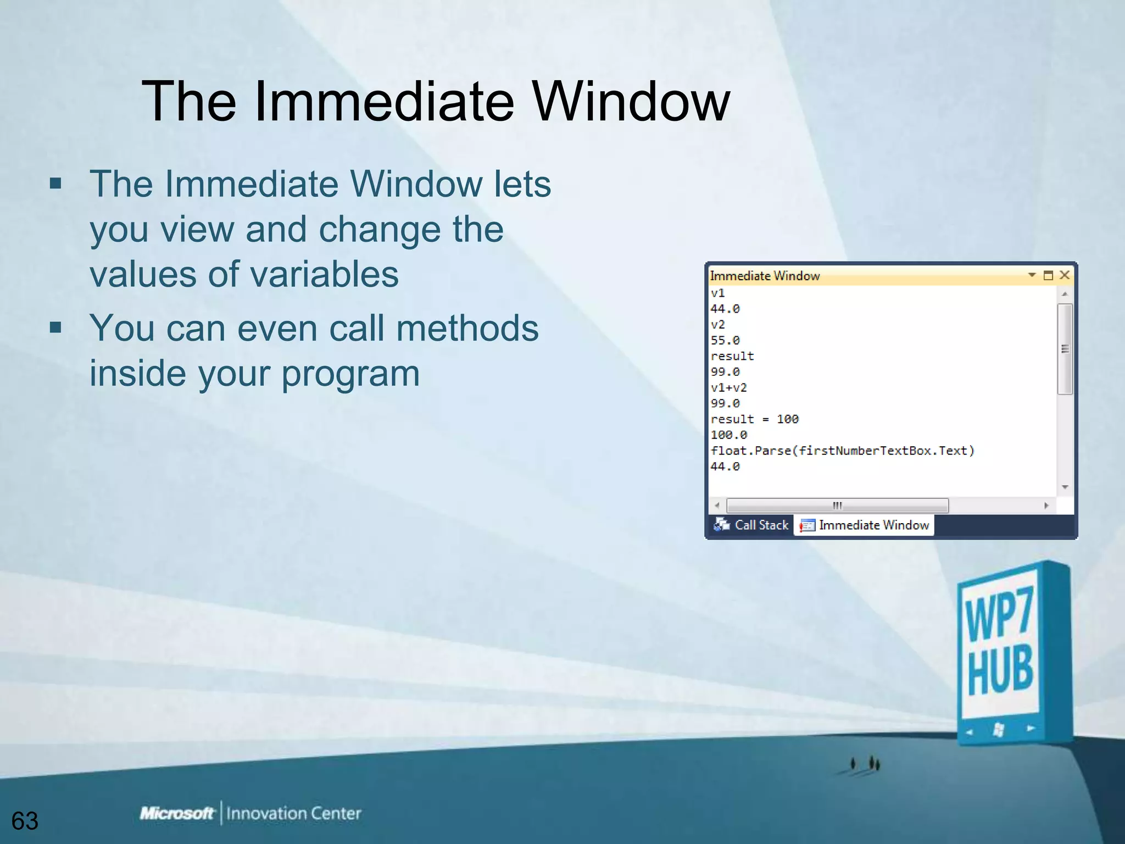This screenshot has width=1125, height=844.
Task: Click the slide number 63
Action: click(25, 821)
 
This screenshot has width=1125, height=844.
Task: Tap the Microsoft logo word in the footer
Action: click(176, 813)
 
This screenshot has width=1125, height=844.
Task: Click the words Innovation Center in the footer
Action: click(293, 813)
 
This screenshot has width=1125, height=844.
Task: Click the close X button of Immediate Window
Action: click(1065, 275)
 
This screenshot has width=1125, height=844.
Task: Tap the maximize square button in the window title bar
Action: click(1048, 275)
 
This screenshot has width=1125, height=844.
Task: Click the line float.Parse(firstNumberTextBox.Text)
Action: click(842, 451)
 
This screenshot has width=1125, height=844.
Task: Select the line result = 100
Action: click(754, 419)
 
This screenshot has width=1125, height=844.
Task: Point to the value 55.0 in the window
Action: click(725, 341)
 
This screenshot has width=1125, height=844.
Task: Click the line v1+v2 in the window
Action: click(728, 388)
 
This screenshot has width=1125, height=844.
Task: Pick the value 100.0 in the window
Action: click(728, 435)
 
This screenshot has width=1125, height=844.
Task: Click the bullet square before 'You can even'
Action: click(55, 328)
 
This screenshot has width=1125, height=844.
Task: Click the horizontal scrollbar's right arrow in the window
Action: click(1046, 506)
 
